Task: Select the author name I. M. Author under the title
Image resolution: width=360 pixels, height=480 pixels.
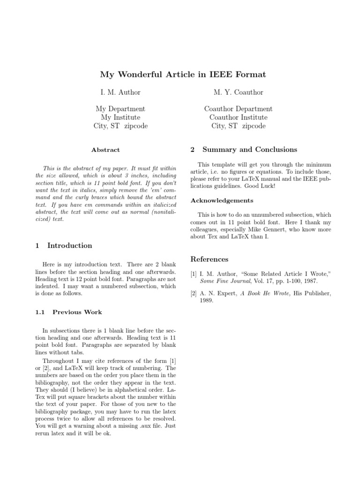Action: [x=118, y=92]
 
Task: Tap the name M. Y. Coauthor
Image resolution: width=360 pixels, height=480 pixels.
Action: [x=238, y=92]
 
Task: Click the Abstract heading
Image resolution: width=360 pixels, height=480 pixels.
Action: [x=105, y=150]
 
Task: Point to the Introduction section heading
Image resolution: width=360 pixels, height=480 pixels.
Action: [x=70, y=246]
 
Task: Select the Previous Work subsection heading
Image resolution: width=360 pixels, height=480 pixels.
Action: [x=77, y=312]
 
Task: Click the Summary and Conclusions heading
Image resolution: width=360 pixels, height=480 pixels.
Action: [x=249, y=150]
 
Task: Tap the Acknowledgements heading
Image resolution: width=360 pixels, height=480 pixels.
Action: [x=222, y=201]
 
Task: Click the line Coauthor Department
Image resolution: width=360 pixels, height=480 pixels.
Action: [x=238, y=109]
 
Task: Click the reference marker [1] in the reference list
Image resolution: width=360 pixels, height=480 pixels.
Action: [x=194, y=273]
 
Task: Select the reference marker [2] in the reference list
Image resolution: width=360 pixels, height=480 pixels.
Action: [x=194, y=293]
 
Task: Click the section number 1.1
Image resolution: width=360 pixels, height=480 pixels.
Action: [x=40, y=312]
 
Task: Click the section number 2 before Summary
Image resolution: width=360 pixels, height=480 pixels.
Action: [x=193, y=150]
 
